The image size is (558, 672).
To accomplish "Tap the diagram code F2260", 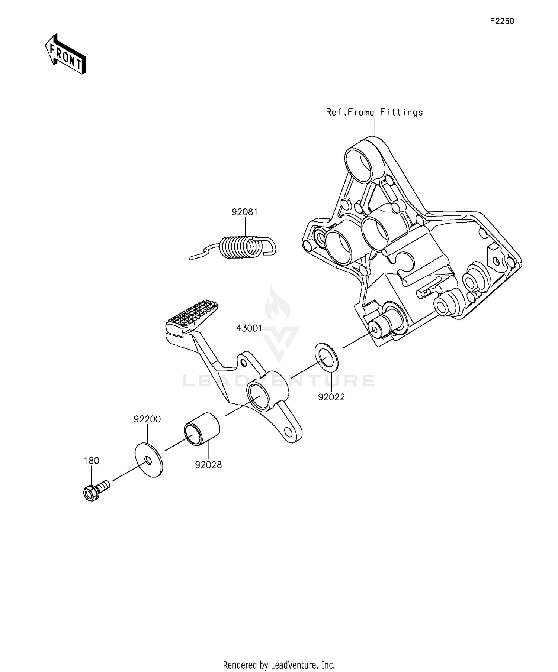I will coord(502,21).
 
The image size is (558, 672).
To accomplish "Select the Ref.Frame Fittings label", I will coord(374,112).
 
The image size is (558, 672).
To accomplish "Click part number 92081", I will coord(245,212).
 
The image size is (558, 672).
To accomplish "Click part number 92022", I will coord(331,397).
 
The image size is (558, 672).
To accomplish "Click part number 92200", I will coord(147,419).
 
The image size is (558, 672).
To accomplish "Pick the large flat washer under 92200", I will coord(148,460).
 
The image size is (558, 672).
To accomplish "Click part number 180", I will coord(92,461).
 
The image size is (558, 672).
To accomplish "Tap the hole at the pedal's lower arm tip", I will coord(288,431).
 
